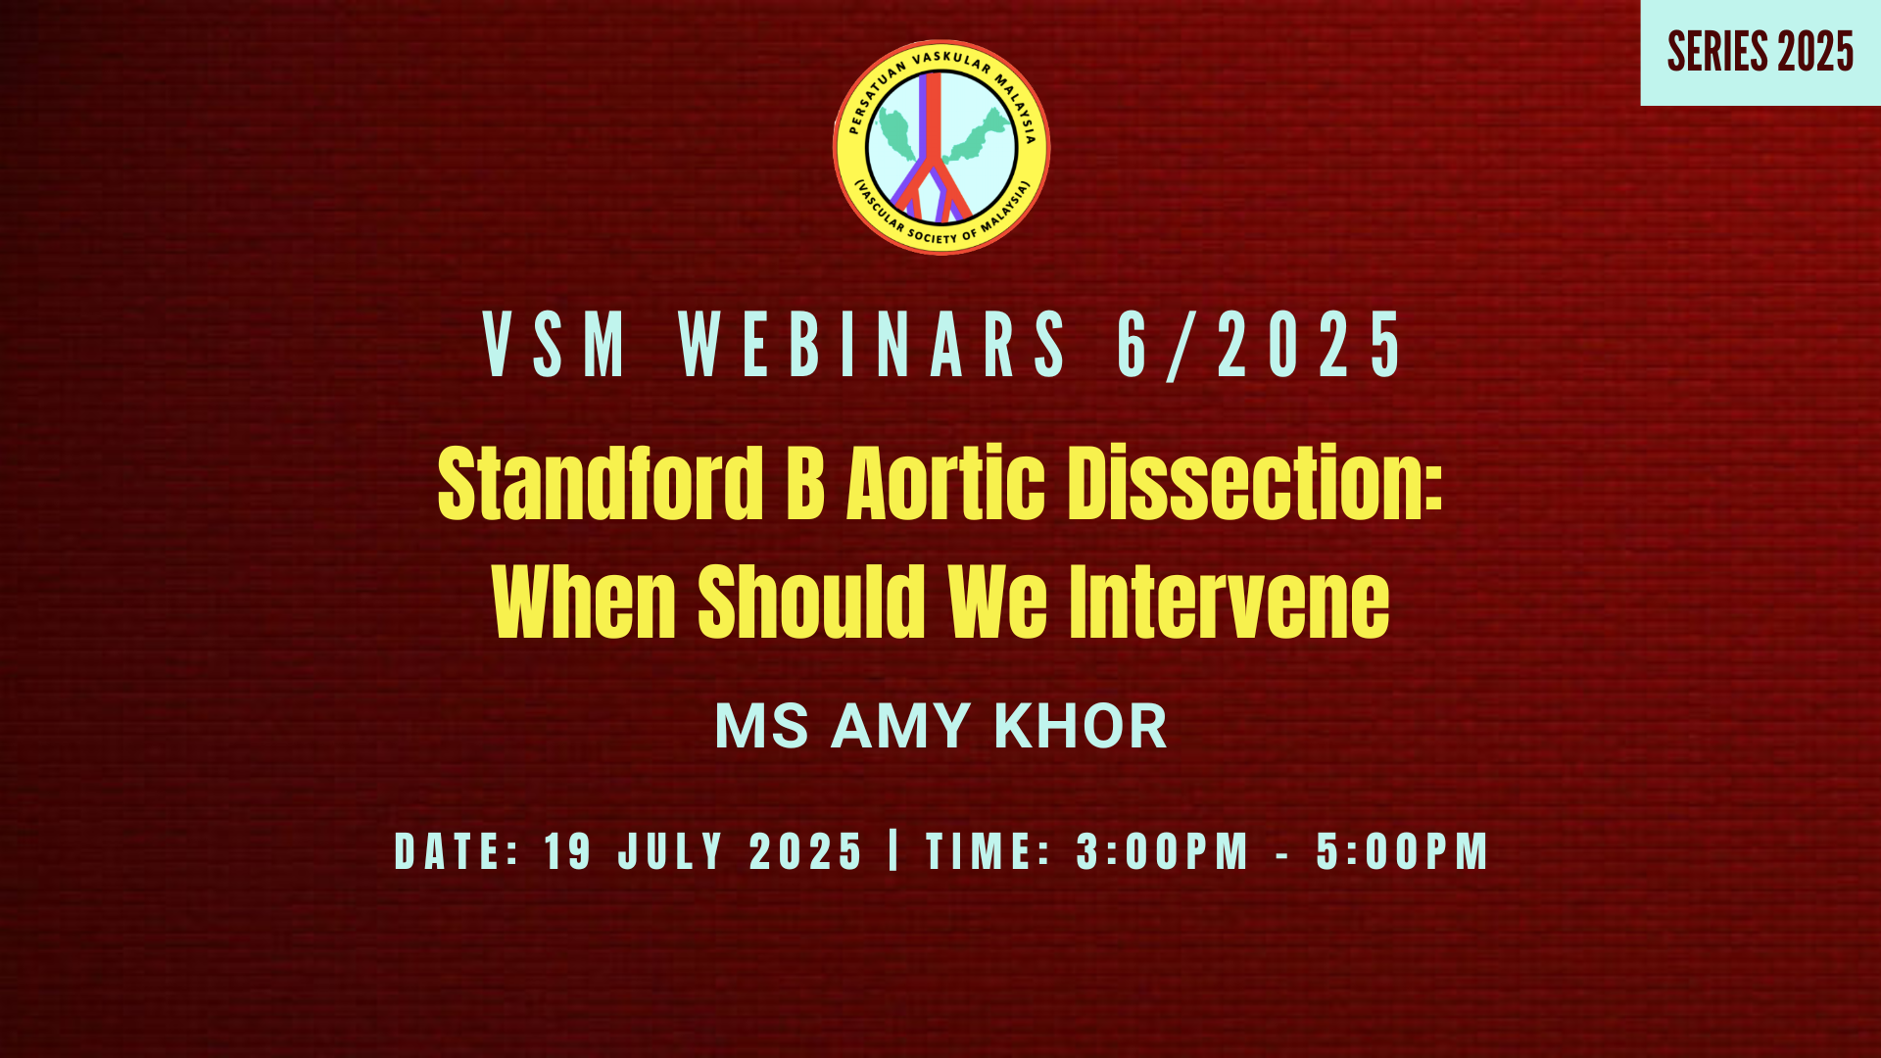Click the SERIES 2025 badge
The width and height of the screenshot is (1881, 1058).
1760,52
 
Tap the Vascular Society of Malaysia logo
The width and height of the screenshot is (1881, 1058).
941,147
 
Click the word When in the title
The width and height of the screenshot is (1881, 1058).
585,601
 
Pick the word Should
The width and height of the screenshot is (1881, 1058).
812,601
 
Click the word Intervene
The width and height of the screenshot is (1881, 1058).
1230,601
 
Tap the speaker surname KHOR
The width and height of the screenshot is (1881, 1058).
1081,727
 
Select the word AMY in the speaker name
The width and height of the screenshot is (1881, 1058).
900,727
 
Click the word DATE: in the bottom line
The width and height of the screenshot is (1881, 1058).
457,851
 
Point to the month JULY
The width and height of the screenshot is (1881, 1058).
671,851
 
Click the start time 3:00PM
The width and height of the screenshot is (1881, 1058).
1163,851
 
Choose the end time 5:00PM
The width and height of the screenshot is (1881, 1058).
1403,851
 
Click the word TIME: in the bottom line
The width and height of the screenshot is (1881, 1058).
989,851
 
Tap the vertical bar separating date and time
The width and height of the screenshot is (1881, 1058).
893,850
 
